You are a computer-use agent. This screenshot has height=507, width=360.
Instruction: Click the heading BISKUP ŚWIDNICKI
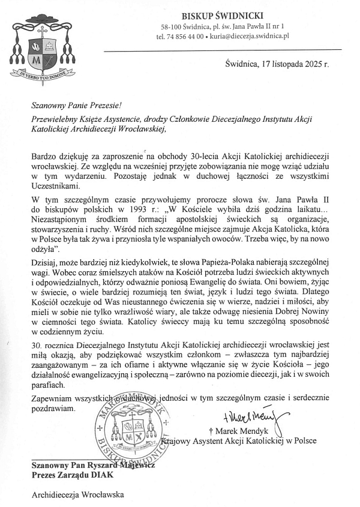click(222, 15)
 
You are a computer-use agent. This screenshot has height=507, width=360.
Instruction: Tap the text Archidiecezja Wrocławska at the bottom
click(77, 495)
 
